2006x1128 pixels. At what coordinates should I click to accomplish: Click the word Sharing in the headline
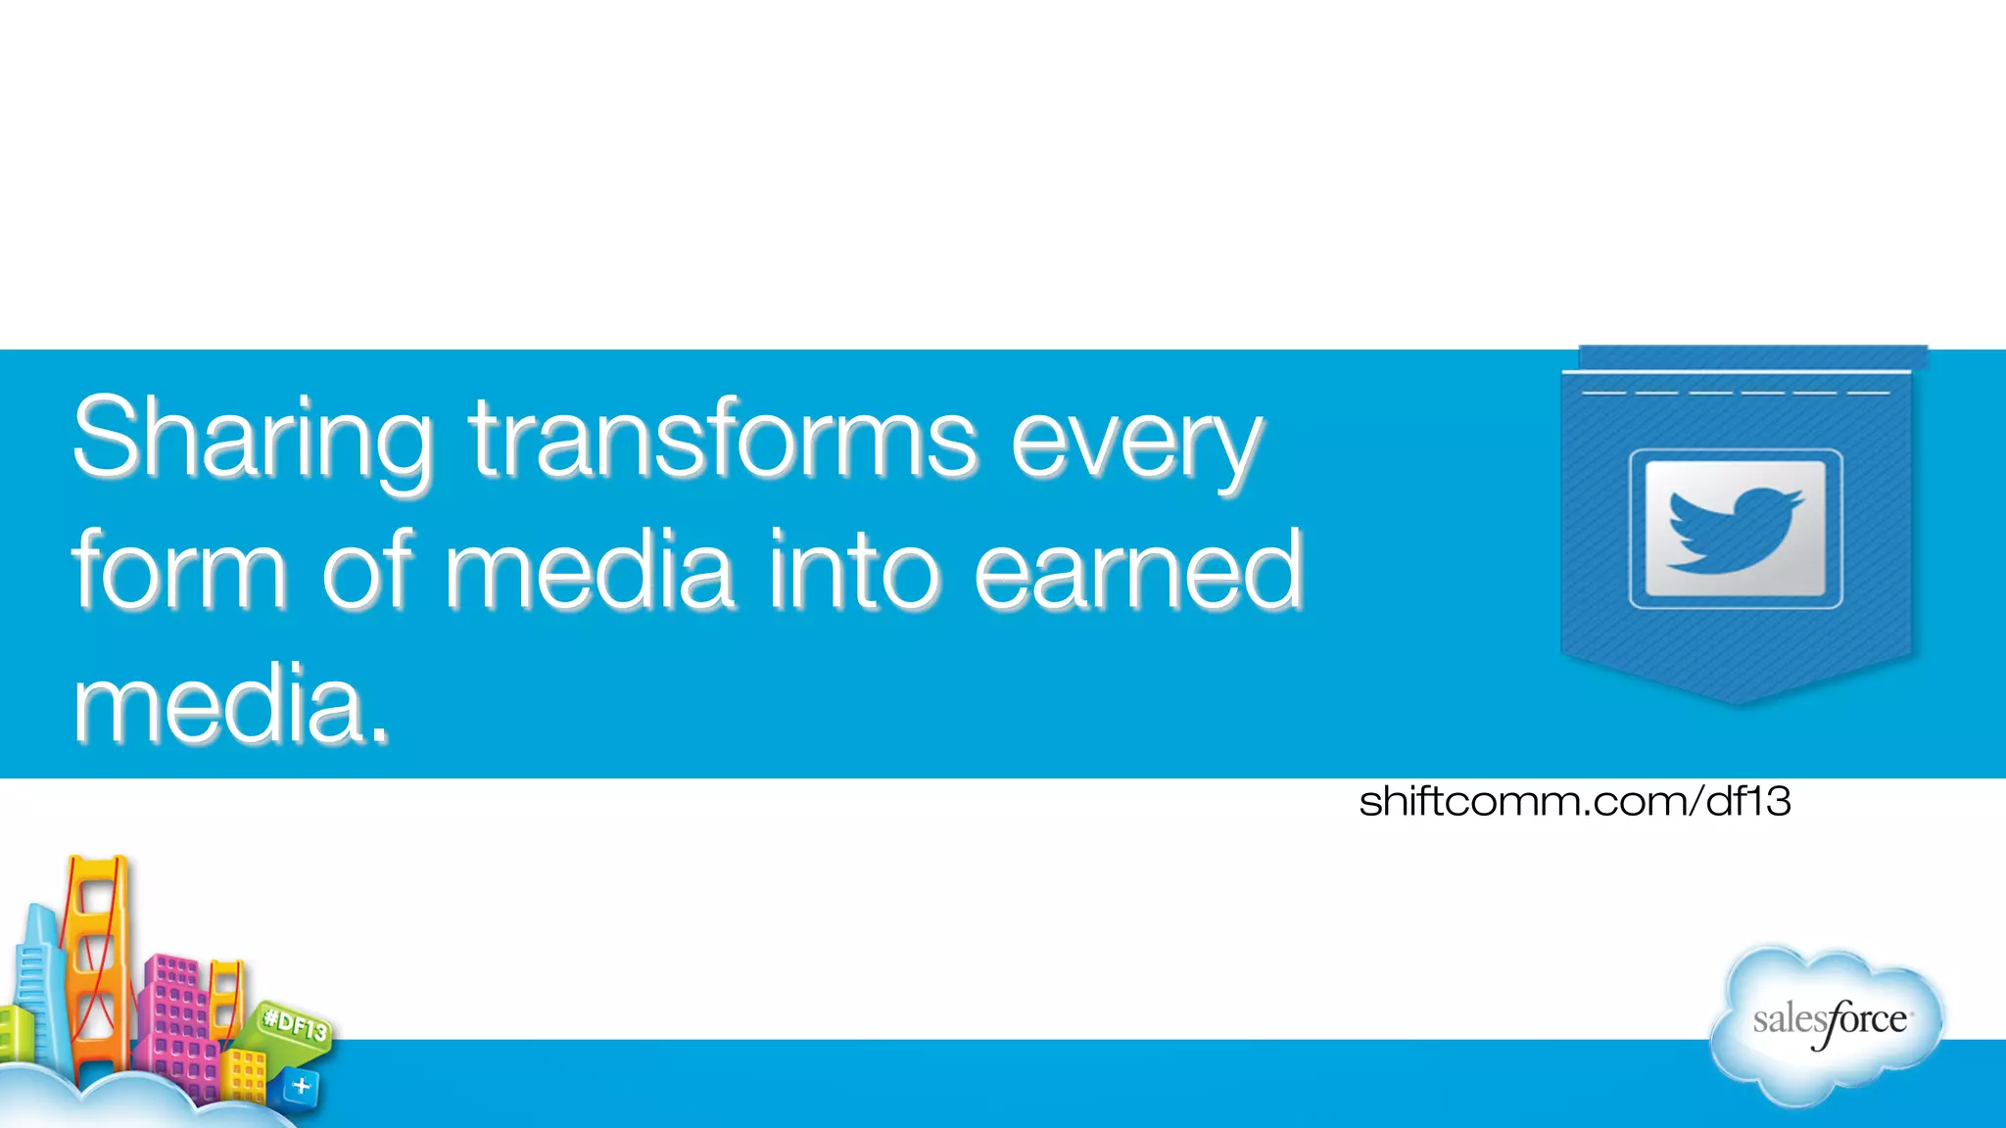click(x=253, y=438)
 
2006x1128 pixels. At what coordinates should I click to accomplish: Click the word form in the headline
click(x=179, y=571)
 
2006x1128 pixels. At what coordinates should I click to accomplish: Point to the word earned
click(x=1138, y=571)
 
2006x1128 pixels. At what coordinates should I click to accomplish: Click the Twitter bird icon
click(x=1735, y=530)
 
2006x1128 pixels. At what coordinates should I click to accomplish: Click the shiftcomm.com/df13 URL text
click(x=1574, y=802)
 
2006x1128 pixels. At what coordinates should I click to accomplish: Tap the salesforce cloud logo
click(x=1828, y=1023)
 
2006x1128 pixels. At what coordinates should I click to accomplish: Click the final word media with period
click(x=231, y=703)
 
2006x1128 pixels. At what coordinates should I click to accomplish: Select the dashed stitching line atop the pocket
click(x=1736, y=393)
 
